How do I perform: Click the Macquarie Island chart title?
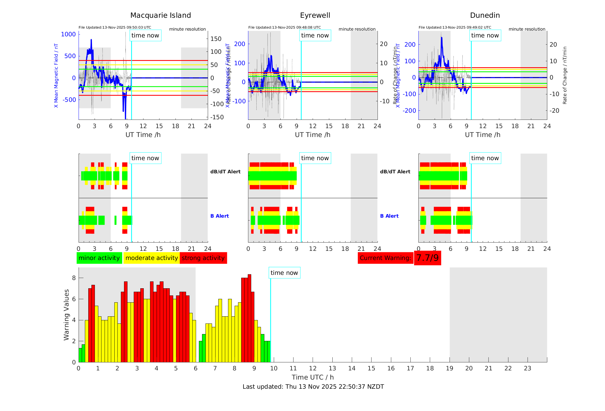point(161,15)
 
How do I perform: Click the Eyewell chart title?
point(315,15)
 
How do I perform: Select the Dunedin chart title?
point(485,15)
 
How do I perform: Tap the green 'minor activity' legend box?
point(99,258)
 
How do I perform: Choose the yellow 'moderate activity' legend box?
point(151,258)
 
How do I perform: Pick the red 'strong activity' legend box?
point(203,258)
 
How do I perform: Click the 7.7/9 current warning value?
point(427,258)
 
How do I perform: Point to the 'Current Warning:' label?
point(385,258)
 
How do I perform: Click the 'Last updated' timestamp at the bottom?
point(313,387)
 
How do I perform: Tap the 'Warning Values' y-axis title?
point(67,315)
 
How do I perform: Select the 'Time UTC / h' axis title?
point(313,377)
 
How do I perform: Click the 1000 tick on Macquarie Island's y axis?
point(69,34)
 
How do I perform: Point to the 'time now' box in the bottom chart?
point(284,273)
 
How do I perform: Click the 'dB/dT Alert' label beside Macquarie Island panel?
point(225,172)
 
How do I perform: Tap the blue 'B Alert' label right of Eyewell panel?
point(389,216)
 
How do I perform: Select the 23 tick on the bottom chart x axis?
point(527,368)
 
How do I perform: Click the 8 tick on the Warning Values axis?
point(74,278)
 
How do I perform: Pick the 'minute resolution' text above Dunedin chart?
point(527,29)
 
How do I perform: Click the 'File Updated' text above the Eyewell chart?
point(284,27)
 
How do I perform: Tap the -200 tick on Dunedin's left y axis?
point(410,111)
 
